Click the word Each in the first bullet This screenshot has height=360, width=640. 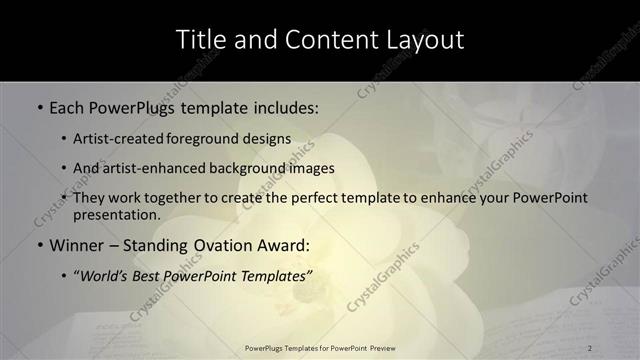68,106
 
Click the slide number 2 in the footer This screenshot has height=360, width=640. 590,347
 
